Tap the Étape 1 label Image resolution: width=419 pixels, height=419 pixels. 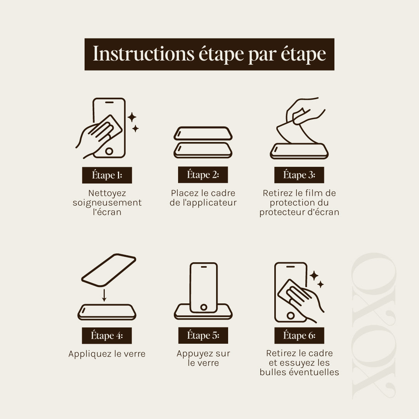pyautogui.click(x=107, y=175)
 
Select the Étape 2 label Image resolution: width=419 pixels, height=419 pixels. pyautogui.click(x=203, y=175)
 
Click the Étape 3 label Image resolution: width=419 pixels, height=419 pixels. pyautogui.click(x=299, y=175)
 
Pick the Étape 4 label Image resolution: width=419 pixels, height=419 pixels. pyautogui.click(x=107, y=336)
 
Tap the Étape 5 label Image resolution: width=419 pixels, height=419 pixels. pyautogui.click(x=203, y=335)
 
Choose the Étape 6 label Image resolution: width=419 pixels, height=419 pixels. pyautogui.click(x=299, y=335)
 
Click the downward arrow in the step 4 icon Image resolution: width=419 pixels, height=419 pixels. pyautogui.click(x=104, y=295)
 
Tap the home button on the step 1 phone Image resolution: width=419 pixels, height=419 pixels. pyautogui.click(x=109, y=151)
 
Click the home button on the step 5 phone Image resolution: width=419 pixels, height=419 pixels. pyautogui.click(x=204, y=307)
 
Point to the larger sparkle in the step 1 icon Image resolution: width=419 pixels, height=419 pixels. pyautogui.click(x=132, y=117)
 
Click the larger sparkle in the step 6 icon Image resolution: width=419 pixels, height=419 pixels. pyautogui.click(x=314, y=275)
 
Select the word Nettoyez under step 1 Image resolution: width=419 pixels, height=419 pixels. pyautogui.click(x=107, y=193)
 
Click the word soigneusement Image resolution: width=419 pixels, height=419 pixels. pyautogui.click(x=107, y=203)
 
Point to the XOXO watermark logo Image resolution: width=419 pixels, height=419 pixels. pyautogui.click(x=374, y=326)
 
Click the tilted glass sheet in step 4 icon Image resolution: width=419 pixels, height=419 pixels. pyautogui.click(x=109, y=270)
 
